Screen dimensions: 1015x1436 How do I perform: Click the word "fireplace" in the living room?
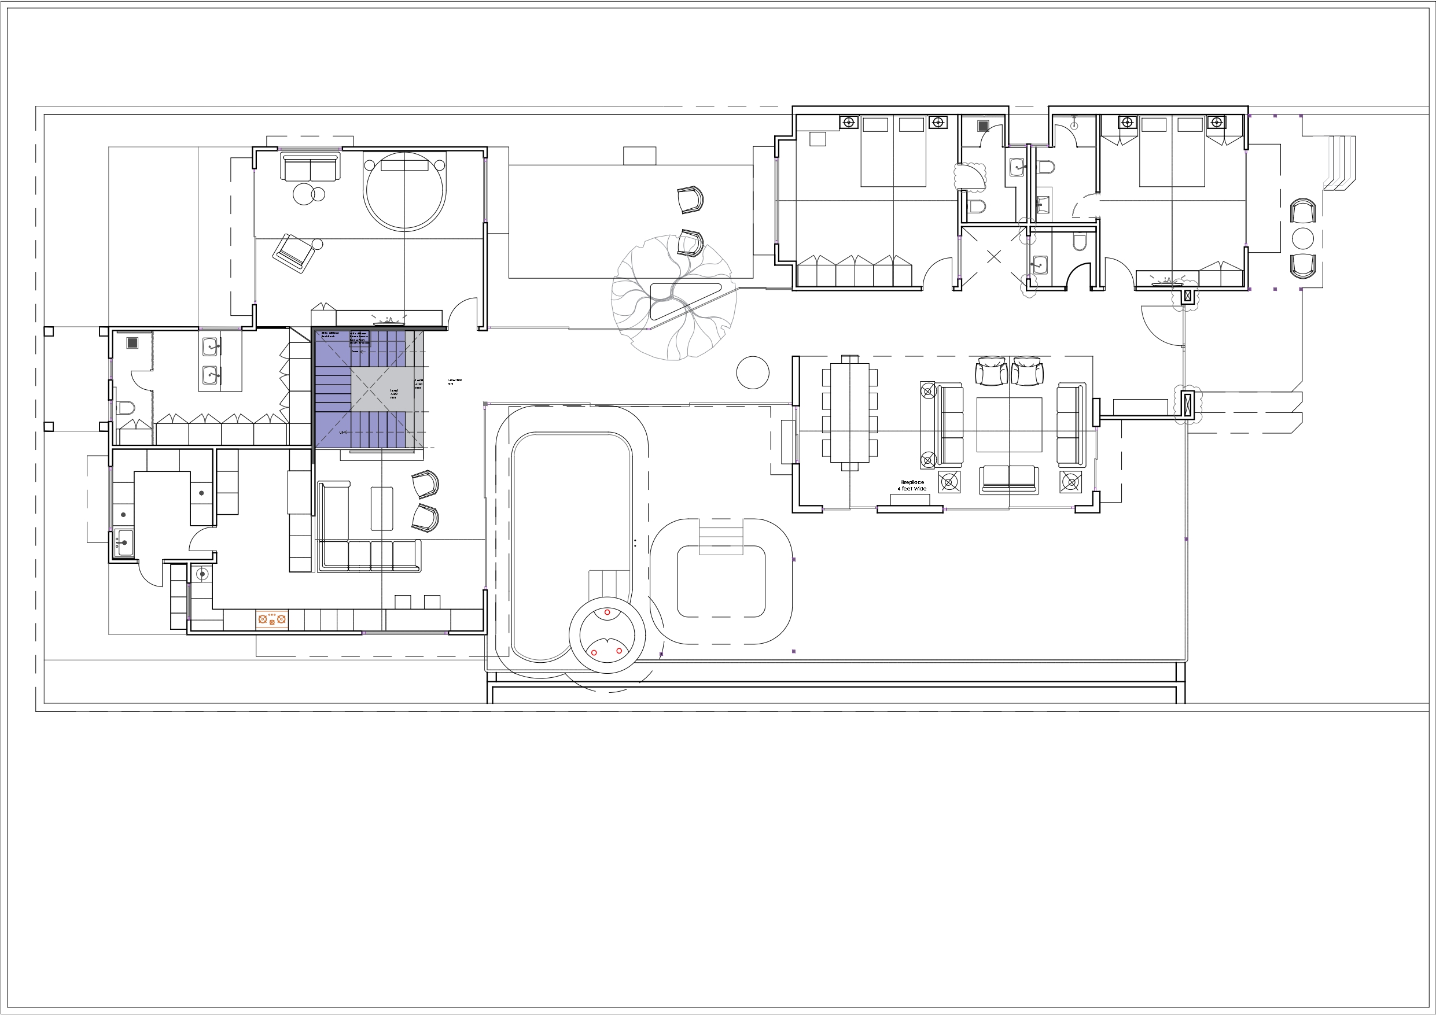[x=912, y=482]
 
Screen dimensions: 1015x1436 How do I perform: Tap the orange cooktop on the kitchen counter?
[x=272, y=619]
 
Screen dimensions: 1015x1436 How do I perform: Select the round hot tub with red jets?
[x=607, y=638]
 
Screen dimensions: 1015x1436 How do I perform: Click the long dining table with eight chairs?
[x=849, y=412]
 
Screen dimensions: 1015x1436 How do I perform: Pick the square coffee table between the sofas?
[x=1009, y=424]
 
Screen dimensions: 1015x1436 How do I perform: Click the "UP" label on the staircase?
[x=342, y=432]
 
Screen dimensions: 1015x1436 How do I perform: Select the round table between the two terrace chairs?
[x=1303, y=239]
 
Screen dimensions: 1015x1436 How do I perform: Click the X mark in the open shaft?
[x=994, y=256]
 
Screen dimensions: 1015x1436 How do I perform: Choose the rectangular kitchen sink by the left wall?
[x=124, y=543]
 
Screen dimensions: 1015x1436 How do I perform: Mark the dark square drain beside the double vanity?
[x=132, y=343]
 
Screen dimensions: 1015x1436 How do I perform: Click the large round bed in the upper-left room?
[x=404, y=191]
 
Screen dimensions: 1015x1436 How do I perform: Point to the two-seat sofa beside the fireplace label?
[x=1009, y=479]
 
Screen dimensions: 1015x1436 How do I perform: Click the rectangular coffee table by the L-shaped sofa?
[x=381, y=508]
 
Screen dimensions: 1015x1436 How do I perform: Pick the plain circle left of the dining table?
[x=752, y=372]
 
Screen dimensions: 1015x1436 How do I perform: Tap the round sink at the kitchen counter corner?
[x=202, y=574]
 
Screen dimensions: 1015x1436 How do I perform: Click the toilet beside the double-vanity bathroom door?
[x=127, y=408]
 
